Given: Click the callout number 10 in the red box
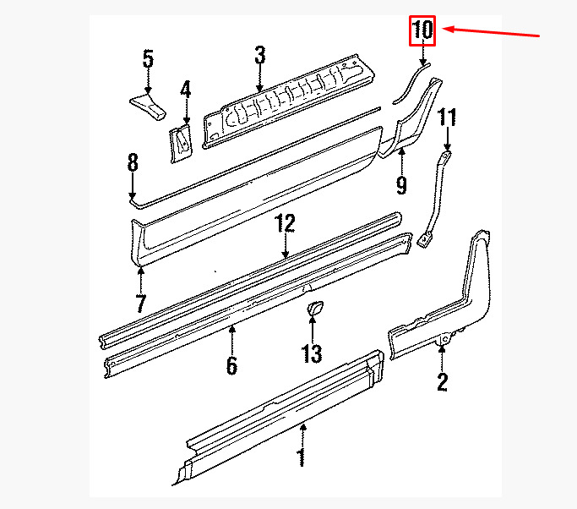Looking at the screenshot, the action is [x=422, y=30].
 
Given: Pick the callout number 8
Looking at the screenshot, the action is [x=133, y=162].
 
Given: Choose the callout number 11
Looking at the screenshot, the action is [x=447, y=118].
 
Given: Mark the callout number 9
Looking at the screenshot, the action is [x=401, y=185].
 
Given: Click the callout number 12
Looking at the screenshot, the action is [x=285, y=223].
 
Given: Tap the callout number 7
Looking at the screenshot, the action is [x=141, y=303].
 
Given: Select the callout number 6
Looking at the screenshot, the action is [x=231, y=365].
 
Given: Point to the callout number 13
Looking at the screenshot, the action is [x=312, y=353].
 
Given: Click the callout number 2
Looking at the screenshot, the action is [x=442, y=382].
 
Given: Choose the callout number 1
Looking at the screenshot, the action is [x=302, y=457].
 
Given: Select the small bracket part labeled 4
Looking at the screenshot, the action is [x=181, y=143].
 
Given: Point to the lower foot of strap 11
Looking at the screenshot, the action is [x=424, y=240].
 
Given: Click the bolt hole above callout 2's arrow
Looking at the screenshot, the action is [x=445, y=338].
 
